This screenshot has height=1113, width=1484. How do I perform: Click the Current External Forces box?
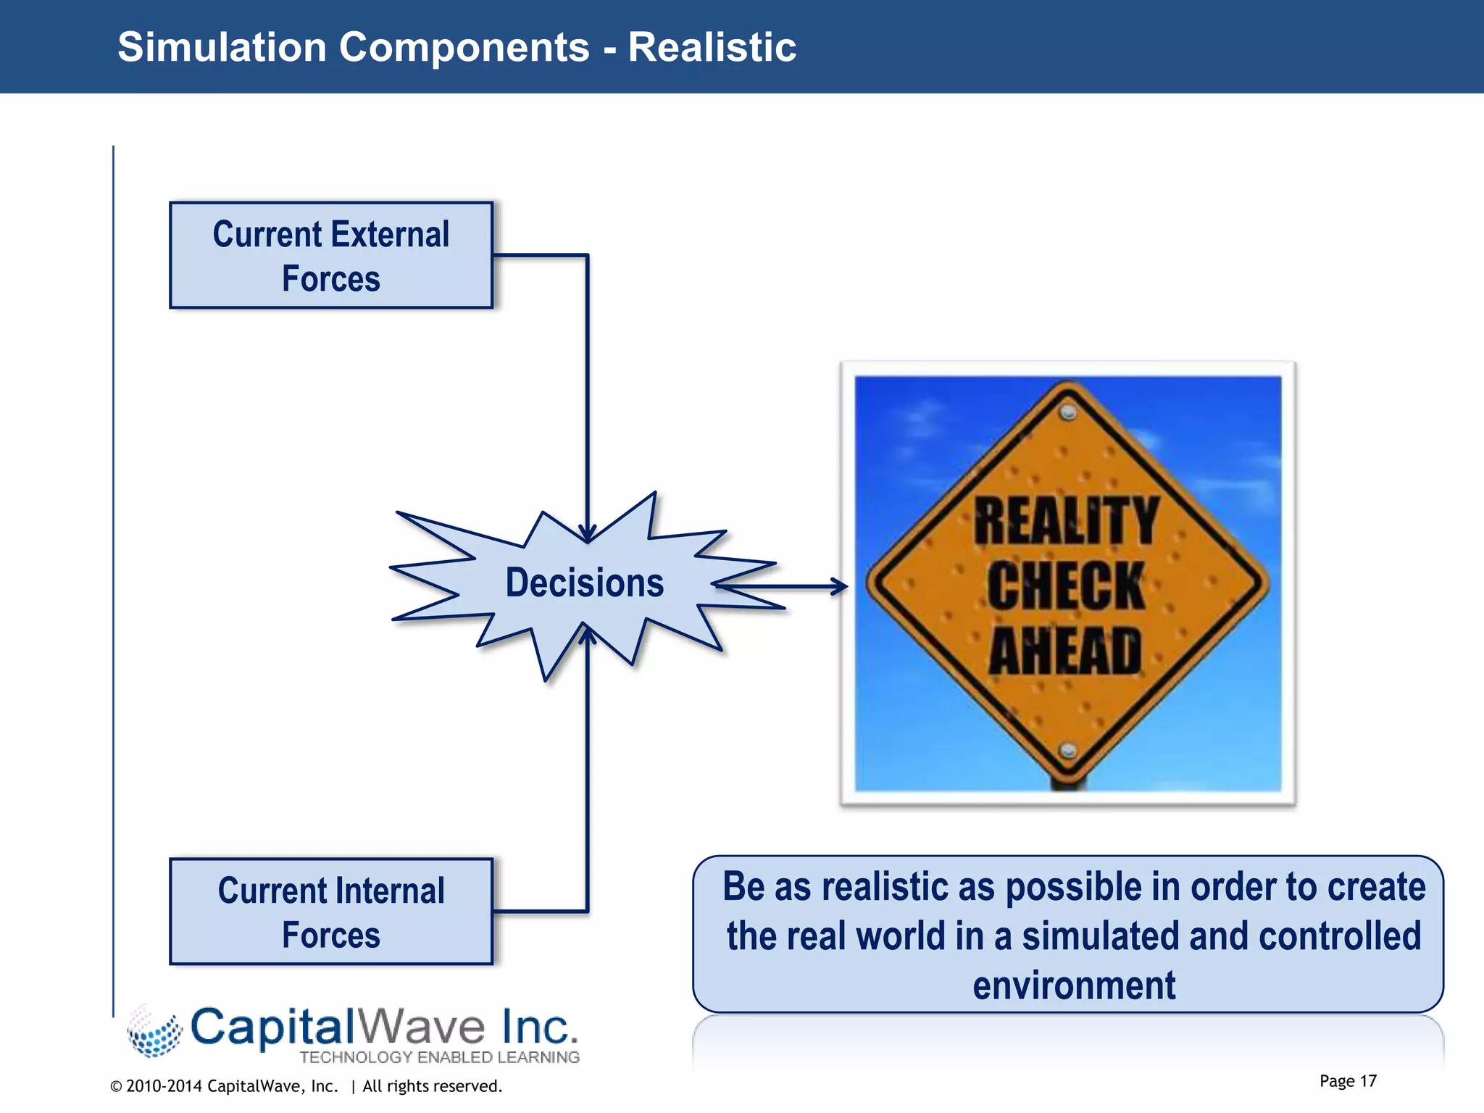[x=331, y=255]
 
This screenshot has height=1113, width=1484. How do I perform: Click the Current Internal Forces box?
[x=331, y=912]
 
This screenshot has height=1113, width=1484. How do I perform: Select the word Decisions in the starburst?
[x=584, y=583]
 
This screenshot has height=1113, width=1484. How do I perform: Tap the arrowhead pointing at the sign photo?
[x=840, y=586]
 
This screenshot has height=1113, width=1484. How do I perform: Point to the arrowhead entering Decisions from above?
[x=588, y=533]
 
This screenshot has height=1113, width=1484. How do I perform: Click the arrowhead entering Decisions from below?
[x=588, y=635]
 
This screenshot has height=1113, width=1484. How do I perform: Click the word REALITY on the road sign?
[x=1066, y=521]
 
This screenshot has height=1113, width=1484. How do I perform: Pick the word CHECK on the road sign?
[x=1066, y=586]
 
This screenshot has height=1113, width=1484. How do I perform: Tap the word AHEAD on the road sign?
[x=1066, y=651]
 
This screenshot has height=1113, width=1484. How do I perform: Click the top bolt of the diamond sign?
[x=1067, y=413]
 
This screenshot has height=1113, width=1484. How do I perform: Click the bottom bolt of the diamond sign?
[x=1067, y=751]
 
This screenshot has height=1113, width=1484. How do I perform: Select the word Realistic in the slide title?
[x=712, y=48]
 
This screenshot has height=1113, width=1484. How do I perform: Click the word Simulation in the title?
[x=222, y=48]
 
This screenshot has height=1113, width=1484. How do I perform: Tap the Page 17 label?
[x=1347, y=1081]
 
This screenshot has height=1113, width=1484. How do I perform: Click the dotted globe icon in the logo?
[x=154, y=1032]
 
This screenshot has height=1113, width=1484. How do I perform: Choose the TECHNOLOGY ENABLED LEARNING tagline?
[x=439, y=1057]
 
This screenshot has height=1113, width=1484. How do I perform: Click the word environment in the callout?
[x=1074, y=985]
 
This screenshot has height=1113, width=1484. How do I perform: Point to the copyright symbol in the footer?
[x=116, y=1087]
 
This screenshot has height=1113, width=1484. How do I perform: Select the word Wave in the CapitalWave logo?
[x=421, y=1027]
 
